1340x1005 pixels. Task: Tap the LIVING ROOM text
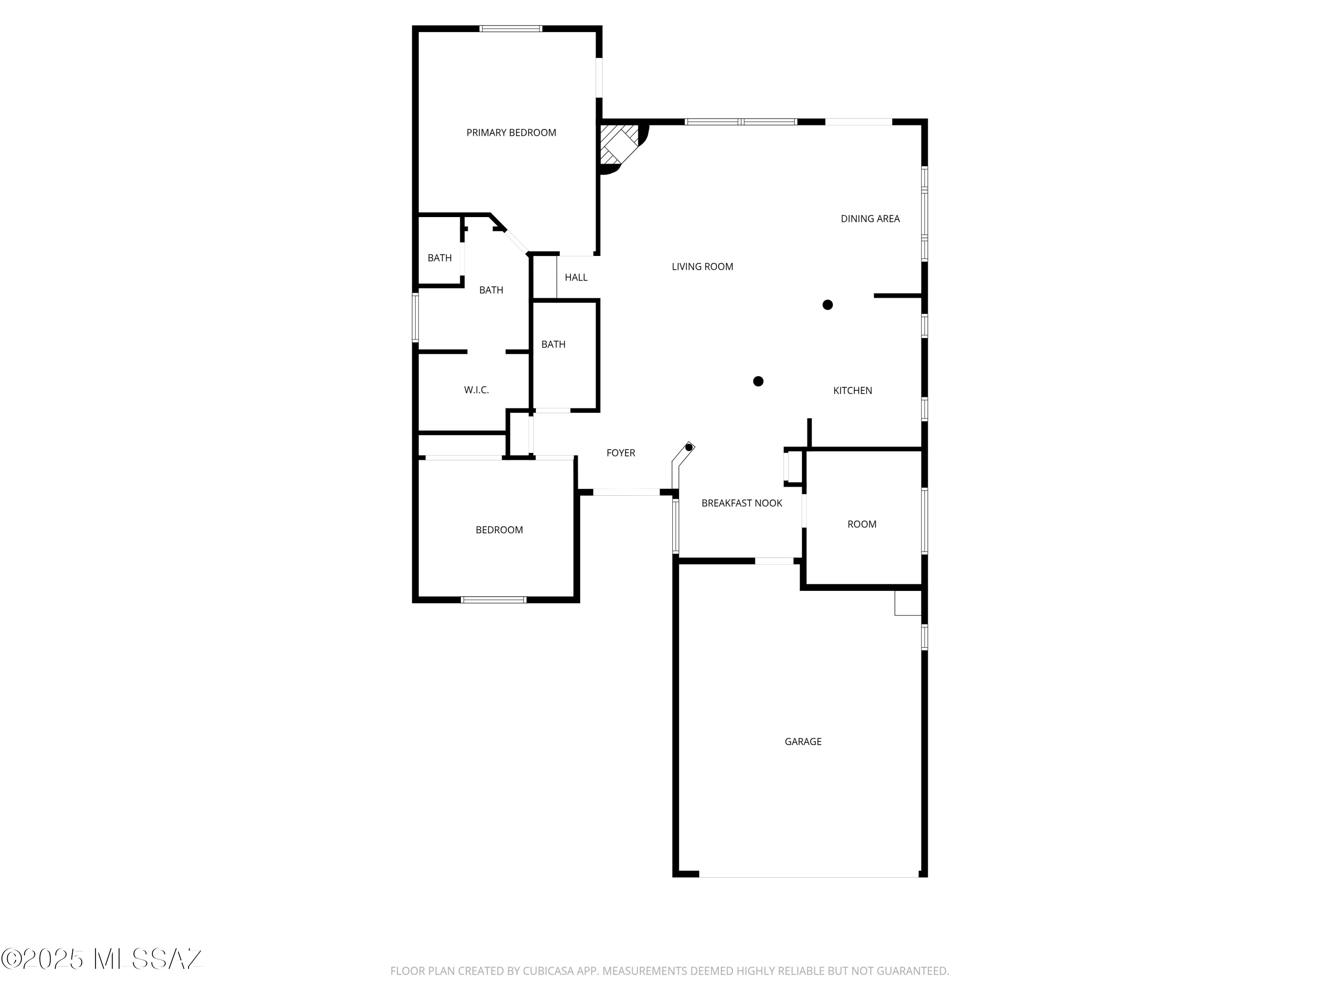tap(702, 267)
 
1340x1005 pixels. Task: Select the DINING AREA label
tap(870, 219)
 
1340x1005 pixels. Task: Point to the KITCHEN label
tap(852, 391)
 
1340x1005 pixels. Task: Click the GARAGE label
tap(803, 741)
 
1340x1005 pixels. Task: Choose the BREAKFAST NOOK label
tap(741, 503)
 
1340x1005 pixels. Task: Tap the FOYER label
tap(620, 453)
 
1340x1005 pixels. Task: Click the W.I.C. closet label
tap(476, 390)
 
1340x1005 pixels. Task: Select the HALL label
tap(575, 277)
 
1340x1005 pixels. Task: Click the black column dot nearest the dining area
tap(828, 305)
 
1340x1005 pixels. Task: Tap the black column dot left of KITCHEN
tap(758, 381)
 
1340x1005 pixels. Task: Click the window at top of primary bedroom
tap(511, 29)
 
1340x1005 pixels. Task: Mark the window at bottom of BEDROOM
tap(493, 600)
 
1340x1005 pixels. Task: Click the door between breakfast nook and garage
tap(774, 561)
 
